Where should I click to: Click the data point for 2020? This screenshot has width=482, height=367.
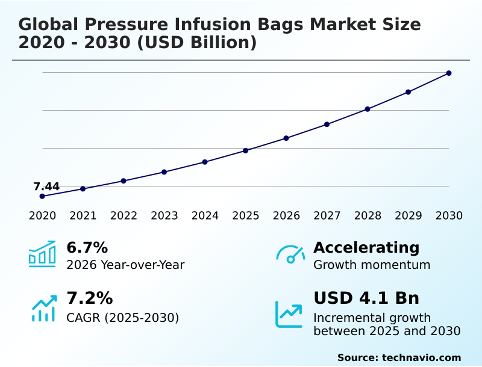pos(42,196)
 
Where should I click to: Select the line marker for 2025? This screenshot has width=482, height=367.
pos(246,150)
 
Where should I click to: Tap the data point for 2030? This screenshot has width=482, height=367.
pos(449,73)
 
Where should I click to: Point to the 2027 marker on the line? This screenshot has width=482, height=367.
pos(327,125)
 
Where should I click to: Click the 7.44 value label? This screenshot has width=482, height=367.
pos(46,187)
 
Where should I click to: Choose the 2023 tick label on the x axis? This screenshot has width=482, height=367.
pos(164,216)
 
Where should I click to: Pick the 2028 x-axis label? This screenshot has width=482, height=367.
pos(368,216)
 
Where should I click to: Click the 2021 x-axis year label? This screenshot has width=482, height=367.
pos(83,216)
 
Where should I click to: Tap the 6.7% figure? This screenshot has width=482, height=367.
pos(87,247)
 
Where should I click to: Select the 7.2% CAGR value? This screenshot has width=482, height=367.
pos(89,298)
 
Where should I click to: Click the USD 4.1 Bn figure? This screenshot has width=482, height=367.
pos(366,298)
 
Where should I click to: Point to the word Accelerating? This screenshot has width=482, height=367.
pos(366,247)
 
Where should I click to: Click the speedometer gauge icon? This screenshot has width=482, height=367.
pos(290,254)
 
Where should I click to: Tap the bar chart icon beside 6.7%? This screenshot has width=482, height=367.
pos(42,254)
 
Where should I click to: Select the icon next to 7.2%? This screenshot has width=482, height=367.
pos(43,307)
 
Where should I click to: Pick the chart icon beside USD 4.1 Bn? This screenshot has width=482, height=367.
pos(289,313)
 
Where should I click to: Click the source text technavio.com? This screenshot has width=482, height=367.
pos(421,357)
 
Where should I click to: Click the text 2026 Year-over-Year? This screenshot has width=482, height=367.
pos(125,265)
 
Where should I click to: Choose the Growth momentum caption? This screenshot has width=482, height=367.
pos(372,265)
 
